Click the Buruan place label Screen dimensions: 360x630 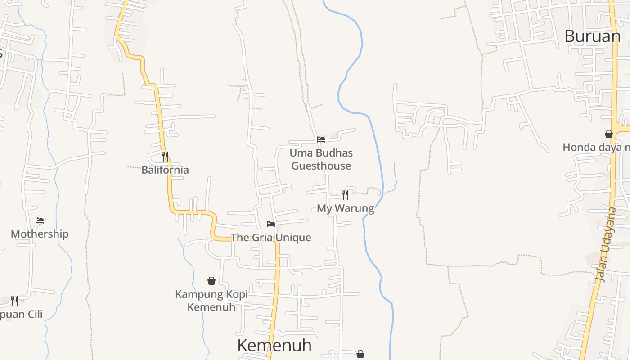point(592,36)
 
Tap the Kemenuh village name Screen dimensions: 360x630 point(274,346)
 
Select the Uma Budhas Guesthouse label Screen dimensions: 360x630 point(321,159)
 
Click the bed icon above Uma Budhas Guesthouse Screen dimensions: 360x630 point(321,139)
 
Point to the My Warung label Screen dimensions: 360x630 point(345,208)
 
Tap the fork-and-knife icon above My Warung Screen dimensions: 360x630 point(345,194)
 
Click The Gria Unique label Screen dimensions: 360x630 point(271,238)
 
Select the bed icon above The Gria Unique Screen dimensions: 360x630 point(271,224)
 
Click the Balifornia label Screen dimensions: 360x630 point(165,170)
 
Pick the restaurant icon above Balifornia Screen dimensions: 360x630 point(165,157)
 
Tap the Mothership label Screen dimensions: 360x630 point(40,234)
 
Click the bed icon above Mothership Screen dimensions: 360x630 point(40,220)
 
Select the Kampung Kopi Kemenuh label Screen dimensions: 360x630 point(211,301)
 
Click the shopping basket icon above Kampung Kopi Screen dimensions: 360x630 point(211,281)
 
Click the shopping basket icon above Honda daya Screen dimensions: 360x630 point(609,134)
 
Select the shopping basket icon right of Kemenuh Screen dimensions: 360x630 point(360,354)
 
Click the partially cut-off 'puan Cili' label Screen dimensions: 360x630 point(21,314)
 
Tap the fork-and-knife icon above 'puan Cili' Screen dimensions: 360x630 point(14,301)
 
